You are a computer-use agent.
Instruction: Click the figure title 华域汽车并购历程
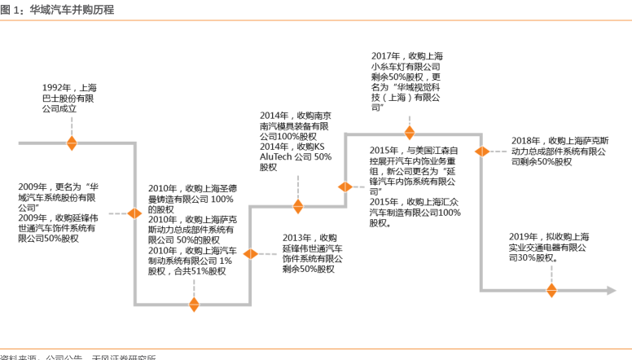pos(77,11)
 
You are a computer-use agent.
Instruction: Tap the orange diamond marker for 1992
pos(72,143)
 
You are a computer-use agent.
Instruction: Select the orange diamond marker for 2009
pos(135,214)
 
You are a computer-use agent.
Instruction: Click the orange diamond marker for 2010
pos(194,305)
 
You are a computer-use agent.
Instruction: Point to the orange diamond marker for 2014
pos(298,206)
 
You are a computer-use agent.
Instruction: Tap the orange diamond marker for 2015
pos(345,187)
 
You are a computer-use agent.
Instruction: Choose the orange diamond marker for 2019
pos(551,289)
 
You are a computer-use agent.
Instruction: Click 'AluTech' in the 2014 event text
pos(277,156)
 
